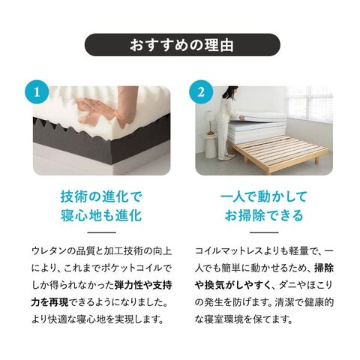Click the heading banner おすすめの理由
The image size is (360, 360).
point(182,45)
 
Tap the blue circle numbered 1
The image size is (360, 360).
point(37,92)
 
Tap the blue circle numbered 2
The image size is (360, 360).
point(201,92)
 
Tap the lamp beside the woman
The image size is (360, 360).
point(209,122)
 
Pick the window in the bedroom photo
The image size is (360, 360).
point(310,103)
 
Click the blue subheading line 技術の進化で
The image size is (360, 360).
point(101,196)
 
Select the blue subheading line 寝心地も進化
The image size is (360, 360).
point(101,215)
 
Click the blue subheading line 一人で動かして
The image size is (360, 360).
point(264,196)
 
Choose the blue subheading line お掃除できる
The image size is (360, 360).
point(264,215)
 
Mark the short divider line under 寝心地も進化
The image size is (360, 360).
point(101,232)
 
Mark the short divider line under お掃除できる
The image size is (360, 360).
point(264,232)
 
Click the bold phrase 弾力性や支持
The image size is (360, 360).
point(143,285)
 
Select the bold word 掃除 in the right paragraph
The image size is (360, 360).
point(324,268)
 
